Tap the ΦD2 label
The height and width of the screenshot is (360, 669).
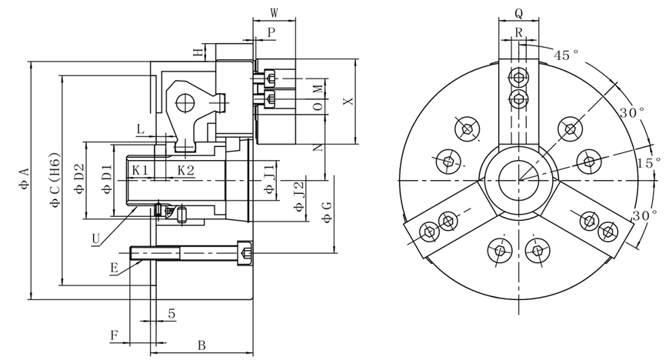(79, 179)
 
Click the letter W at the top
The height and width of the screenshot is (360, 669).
(274, 12)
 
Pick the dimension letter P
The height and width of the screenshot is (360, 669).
(271, 32)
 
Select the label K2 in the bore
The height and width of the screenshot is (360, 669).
(185, 169)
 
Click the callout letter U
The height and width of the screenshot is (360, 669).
(95, 238)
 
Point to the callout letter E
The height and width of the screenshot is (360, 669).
(114, 268)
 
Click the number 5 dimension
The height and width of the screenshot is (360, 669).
(171, 313)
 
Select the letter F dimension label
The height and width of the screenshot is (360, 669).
(115, 335)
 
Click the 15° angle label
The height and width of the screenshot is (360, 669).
(648, 163)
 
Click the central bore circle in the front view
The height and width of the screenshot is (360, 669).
(518, 181)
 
